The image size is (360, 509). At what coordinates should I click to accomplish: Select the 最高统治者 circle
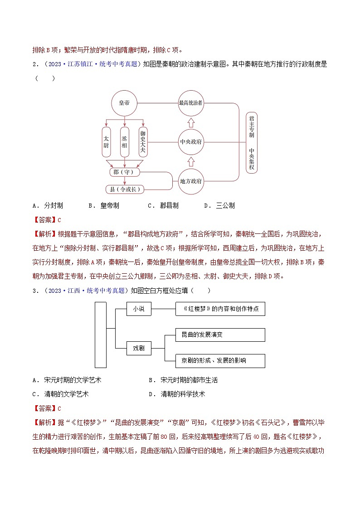[x=191, y=103]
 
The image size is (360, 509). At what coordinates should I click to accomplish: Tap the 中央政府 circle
[x=191, y=142]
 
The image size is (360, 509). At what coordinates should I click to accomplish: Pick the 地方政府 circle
[x=191, y=181]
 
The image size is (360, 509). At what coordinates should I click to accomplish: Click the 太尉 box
[x=106, y=142]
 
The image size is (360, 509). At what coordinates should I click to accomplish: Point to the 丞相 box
[x=124, y=142]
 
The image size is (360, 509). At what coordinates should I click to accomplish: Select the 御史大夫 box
[x=143, y=142]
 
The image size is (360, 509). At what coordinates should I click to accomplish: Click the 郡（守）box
[x=124, y=172]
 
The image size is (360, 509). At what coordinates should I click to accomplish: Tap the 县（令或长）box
[x=124, y=189]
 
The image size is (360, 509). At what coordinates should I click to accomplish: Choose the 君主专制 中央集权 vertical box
[x=251, y=142]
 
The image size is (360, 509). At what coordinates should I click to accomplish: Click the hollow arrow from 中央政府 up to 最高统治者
[x=191, y=122]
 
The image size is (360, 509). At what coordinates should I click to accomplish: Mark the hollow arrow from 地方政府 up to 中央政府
[x=191, y=161]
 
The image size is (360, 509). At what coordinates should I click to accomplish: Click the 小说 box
[x=138, y=309]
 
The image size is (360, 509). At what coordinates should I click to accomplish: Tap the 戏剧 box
[x=138, y=348]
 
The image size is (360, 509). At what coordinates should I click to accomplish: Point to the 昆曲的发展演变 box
[x=220, y=335]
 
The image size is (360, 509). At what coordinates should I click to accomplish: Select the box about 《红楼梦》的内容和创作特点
[x=220, y=309]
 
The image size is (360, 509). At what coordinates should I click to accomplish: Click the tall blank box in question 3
[x=100, y=334]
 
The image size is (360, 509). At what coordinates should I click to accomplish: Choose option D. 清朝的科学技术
[x=177, y=394]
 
